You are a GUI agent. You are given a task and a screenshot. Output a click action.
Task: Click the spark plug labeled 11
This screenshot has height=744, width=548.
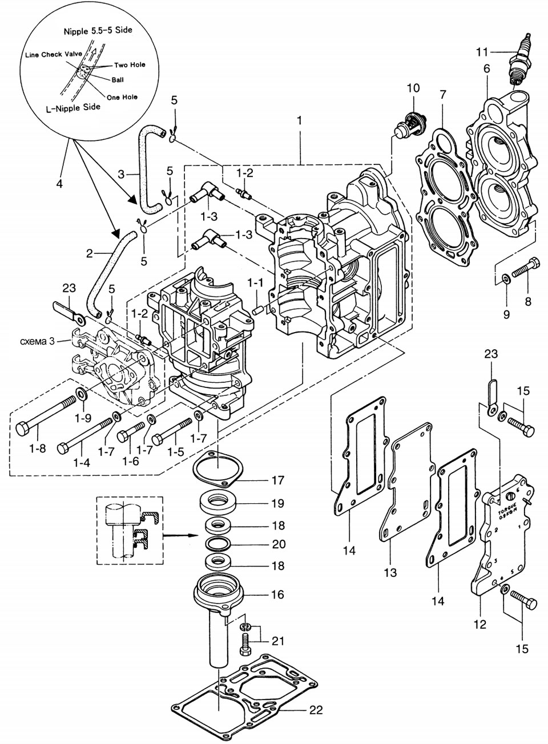pos(521,61)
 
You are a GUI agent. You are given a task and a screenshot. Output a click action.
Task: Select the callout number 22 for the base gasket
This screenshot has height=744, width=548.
pos(316,710)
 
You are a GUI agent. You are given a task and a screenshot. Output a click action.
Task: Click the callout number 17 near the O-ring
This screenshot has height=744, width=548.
pos(278,480)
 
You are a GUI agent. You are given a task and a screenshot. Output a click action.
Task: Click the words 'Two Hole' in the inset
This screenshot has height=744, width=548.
pos(130,65)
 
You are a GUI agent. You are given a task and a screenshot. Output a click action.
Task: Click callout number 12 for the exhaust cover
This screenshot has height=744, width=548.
pos(479,624)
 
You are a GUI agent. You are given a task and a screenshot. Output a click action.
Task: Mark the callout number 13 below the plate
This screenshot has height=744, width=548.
pos(390,572)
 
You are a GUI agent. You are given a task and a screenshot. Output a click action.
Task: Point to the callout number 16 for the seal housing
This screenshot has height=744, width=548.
pos(277,595)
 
